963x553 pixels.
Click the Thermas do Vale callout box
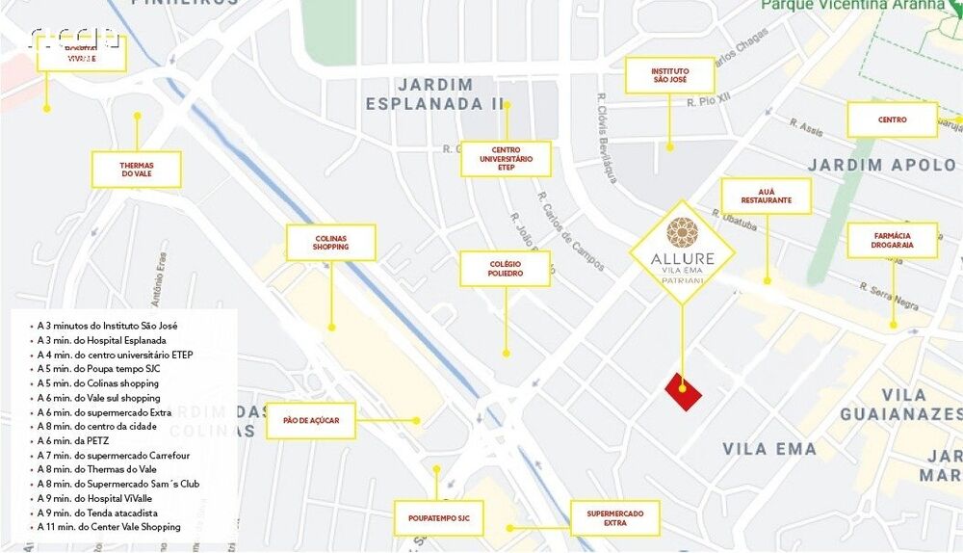(x=137, y=169)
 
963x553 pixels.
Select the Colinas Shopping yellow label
(x=330, y=243)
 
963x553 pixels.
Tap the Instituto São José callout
(x=669, y=75)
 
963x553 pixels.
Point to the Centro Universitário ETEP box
(x=506, y=159)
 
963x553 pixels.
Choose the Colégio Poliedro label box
(x=505, y=269)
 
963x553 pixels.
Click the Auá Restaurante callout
(x=766, y=196)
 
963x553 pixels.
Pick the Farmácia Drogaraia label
(x=893, y=240)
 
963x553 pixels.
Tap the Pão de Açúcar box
(x=310, y=421)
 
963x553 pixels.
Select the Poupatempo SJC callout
(x=438, y=518)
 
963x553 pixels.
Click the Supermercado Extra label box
(x=614, y=518)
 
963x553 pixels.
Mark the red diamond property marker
(x=684, y=390)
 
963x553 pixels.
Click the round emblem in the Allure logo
(x=682, y=232)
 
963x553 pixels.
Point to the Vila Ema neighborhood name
(x=769, y=449)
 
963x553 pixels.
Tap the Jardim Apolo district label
(x=881, y=165)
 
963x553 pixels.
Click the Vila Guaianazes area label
(x=901, y=405)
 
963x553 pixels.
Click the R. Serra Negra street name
(x=890, y=296)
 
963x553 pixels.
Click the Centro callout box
(x=892, y=120)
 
